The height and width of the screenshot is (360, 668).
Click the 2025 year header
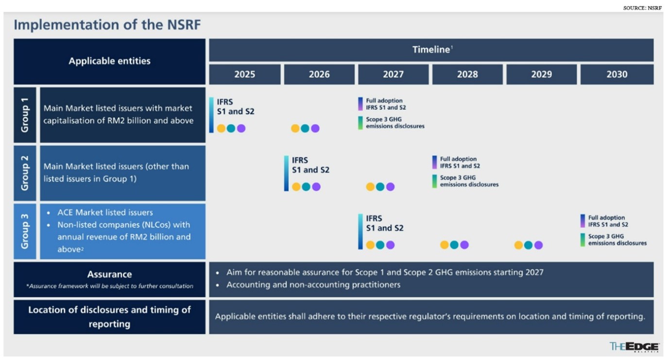pyautogui.click(x=244, y=74)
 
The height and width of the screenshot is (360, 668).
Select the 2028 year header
pyautogui.click(x=467, y=74)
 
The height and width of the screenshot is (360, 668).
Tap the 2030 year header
pyautogui.click(x=617, y=74)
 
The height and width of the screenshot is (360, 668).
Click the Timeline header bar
pyautogui.click(x=431, y=50)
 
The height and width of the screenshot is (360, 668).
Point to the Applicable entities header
pyautogui.click(x=109, y=61)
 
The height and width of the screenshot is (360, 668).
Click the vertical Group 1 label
pyautogui.click(x=25, y=115)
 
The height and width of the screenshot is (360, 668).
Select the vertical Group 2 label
pyautogui.click(x=25, y=173)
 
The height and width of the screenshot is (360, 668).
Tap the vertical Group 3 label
pyautogui.click(x=25, y=231)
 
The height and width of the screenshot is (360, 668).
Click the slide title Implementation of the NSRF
pyautogui.click(x=107, y=25)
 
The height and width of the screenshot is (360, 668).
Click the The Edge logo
pyautogui.click(x=634, y=346)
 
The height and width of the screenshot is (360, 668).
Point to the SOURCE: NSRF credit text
pyautogui.click(x=642, y=8)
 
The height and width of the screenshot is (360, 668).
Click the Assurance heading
pyautogui.click(x=109, y=274)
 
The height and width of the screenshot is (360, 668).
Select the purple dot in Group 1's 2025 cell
pyautogui.click(x=241, y=128)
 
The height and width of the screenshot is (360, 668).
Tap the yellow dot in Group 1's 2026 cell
pyautogui.click(x=295, y=128)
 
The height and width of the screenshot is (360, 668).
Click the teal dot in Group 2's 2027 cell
pyautogui.click(x=380, y=187)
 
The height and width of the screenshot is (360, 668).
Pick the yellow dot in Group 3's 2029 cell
pyautogui.click(x=518, y=245)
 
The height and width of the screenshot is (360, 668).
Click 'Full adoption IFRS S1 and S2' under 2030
pyautogui.click(x=608, y=221)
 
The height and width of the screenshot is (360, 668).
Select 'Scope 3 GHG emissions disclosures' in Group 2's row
pyautogui.click(x=469, y=181)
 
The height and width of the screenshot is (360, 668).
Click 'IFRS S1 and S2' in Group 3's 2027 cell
pyautogui.click(x=384, y=223)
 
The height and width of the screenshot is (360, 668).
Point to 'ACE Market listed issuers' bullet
pyautogui.click(x=105, y=212)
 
